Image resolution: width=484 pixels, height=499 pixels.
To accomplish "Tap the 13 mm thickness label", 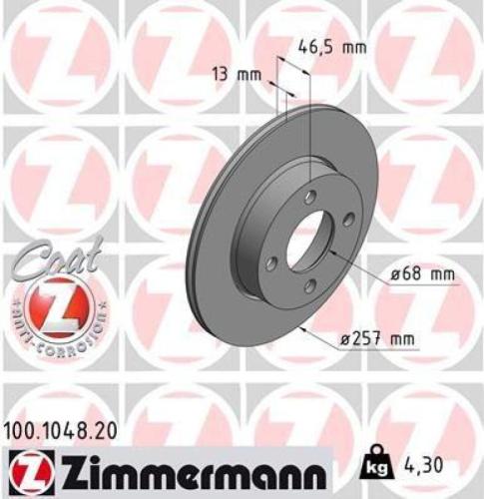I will point(231,72).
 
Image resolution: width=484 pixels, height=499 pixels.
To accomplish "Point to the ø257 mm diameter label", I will point(376,339).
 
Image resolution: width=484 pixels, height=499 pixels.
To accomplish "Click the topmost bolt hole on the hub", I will point(310,197).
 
